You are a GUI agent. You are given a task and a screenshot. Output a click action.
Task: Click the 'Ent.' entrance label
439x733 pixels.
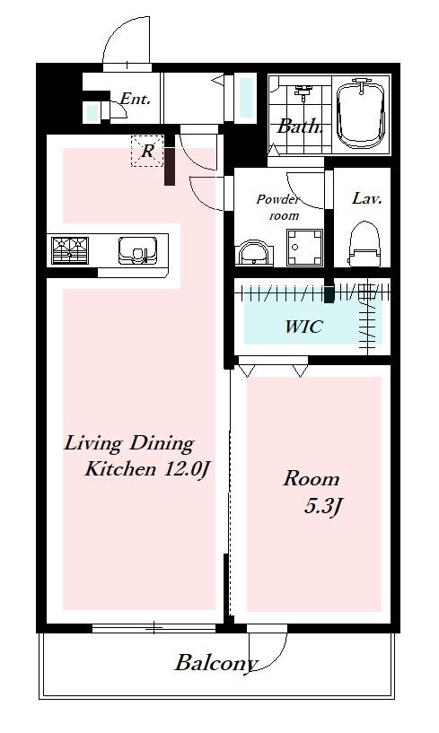coord(135,99)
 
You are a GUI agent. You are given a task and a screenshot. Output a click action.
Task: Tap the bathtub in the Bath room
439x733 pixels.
coord(362,115)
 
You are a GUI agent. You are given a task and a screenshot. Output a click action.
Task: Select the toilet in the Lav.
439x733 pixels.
coord(365,243)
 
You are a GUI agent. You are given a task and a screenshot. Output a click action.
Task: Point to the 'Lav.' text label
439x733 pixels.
coord(367,198)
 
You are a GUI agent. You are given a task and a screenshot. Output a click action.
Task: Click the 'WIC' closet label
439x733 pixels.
coord(303,327)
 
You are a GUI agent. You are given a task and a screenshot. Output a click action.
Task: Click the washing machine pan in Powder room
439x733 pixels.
coord(305,248)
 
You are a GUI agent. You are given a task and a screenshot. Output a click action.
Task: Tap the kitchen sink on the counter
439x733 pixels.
coord(137,250)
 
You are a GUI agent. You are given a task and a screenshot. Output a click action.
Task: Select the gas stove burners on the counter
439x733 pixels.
coord(70,250)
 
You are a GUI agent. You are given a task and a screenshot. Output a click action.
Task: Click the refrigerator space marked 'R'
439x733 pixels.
coord(147,151)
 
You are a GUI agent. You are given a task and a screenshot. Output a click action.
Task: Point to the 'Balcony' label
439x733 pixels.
coord(216,663)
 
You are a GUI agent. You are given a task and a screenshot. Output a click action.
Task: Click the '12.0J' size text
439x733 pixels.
coord(185,469)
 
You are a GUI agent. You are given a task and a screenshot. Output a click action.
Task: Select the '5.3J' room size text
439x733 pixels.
coord(321,507)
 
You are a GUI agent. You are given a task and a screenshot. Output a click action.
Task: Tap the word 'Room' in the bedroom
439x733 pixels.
coord(312,479)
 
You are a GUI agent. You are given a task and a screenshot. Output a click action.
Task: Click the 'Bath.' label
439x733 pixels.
coord(300,126)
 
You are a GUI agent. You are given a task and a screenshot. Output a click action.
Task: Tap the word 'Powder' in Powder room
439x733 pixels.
coord(277,199)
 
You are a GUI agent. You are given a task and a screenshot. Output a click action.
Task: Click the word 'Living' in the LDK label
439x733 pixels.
coord(93,442)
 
